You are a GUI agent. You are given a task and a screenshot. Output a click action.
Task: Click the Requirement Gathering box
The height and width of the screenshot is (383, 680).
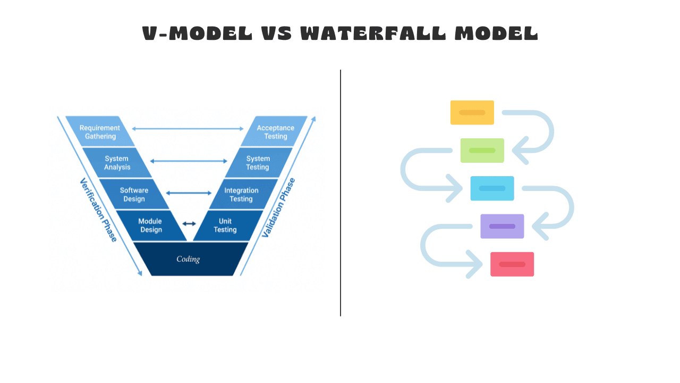100,132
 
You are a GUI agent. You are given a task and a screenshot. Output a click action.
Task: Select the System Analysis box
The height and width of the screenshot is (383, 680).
117,163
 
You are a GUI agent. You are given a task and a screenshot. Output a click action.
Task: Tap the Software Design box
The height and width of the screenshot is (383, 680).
134,195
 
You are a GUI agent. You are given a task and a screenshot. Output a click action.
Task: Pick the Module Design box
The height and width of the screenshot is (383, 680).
150,226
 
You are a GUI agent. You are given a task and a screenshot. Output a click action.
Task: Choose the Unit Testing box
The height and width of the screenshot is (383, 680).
225,226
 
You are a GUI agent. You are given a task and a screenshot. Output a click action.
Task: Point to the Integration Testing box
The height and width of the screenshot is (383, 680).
242,195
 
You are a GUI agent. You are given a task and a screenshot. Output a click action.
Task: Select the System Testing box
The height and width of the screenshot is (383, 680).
258,163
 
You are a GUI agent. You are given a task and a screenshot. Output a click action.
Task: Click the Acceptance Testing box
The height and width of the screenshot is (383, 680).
275,132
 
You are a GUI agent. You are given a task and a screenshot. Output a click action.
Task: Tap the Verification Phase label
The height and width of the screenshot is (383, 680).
98,210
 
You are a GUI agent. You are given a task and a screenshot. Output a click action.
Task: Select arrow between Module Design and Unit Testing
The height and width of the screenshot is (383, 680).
189,224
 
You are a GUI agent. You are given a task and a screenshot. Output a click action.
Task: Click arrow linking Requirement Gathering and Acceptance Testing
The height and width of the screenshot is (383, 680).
188,129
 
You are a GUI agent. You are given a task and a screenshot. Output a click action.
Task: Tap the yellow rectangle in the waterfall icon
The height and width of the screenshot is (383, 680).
472,113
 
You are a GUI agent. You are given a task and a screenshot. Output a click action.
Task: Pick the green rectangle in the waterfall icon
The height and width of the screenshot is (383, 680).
482,151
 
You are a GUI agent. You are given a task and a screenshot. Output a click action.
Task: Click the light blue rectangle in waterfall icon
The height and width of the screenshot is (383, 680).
492,188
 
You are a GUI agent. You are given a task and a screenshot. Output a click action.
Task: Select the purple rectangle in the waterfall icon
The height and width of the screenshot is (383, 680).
502,226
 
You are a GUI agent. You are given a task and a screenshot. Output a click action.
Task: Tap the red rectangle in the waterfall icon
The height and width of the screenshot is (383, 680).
512,264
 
